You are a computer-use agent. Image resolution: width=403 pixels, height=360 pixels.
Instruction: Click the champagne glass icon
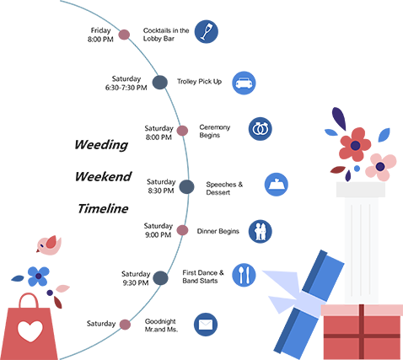click(207, 31)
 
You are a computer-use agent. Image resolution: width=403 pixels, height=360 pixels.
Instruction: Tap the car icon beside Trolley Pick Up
click(244, 83)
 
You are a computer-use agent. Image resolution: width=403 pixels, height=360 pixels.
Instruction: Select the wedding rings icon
click(261, 129)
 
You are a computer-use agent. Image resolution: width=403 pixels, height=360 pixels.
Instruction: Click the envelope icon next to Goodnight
click(206, 325)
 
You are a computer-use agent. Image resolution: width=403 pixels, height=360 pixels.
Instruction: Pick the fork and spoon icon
click(244, 275)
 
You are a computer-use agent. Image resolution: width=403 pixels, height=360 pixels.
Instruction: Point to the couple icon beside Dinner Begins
click(261, 231)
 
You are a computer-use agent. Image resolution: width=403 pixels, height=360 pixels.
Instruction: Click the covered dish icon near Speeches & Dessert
click(277, 185)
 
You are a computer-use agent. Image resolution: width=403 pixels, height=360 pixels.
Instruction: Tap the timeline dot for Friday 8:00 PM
click(124, 35)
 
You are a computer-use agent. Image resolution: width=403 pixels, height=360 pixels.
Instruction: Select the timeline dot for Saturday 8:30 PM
click(186, 187)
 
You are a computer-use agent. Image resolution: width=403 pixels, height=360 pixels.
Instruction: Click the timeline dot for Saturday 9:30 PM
click(160, 278)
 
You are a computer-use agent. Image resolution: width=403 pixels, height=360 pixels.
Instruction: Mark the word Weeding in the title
click(101, 145)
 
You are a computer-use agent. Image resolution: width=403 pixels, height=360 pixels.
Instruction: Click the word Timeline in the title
click(103, 208)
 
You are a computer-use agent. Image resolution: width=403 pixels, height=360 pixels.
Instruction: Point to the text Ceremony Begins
click(215, 131)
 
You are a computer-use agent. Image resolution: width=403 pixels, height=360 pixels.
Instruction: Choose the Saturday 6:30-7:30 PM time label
click(126, 83)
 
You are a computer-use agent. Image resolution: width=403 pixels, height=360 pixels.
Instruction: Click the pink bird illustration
click(49, 245)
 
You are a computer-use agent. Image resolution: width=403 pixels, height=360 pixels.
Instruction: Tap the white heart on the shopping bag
click(30, 331)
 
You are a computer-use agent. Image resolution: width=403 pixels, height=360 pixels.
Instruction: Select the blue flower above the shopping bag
click(39, 277)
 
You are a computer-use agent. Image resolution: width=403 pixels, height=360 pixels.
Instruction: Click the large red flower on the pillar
click(355, 145)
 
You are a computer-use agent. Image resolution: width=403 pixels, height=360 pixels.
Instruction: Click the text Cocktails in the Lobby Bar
click(166, 35)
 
